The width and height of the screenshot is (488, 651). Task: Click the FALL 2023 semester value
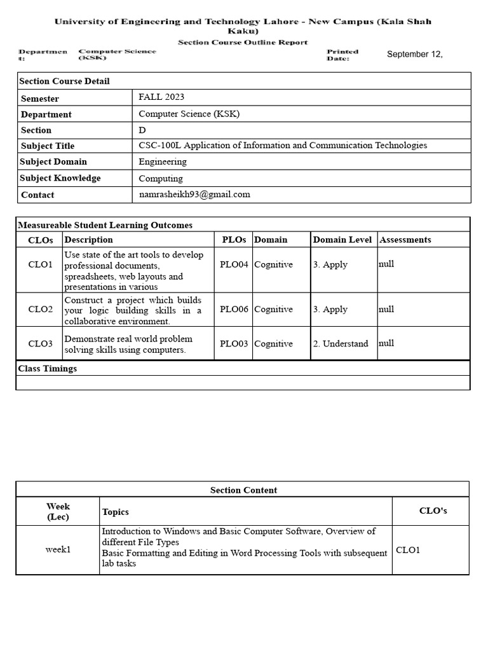tap(161, 97)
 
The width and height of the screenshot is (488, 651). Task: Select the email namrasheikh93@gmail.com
tap(194, 195)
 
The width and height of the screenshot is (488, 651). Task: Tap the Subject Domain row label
tap(54, 161)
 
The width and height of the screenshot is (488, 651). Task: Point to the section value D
tap(142, 130)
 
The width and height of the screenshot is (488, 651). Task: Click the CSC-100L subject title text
tap(283, 146)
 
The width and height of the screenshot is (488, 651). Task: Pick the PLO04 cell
tap(234, 264)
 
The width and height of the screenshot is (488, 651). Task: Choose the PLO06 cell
tap(234, 310)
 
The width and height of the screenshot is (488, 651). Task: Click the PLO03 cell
tap(234, 344)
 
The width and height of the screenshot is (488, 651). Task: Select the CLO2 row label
tap(41, 310)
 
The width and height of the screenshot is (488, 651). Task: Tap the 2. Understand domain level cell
tap(340, 344)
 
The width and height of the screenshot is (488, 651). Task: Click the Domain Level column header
tap(342, 240)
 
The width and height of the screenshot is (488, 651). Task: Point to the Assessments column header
tap(405, 240)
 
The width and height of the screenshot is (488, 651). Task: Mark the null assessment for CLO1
tap(386, 264)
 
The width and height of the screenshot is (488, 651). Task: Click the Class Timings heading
tap(48, 369)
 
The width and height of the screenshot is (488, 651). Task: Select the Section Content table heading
tap(243, 490)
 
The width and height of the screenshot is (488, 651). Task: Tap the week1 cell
tap(58, 549)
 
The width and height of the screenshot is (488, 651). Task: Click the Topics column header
tap(115, 512)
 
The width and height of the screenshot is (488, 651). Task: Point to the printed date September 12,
tap(414, 54)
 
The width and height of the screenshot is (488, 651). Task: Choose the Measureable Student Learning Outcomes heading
tap(105, 225)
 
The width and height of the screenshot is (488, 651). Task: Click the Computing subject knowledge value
tap(161, 179)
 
